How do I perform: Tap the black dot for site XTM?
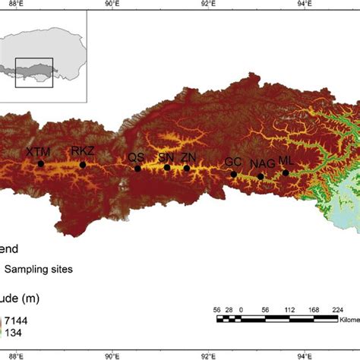click(40, 163)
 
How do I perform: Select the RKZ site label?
click(83, 152)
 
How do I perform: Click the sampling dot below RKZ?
click(83, 164)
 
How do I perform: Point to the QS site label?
click(136, 157)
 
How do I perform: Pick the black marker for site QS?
click(137, 169)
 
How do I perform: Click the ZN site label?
click(188, 157)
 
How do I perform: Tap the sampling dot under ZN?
click(187, 168)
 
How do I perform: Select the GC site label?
click(233, 163)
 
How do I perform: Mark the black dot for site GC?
click(234, 174)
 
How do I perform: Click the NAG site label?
click(262, 164)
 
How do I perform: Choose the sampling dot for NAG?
click(261, 176)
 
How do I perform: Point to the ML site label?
click(286, 160)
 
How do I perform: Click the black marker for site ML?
click(286, 172)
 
